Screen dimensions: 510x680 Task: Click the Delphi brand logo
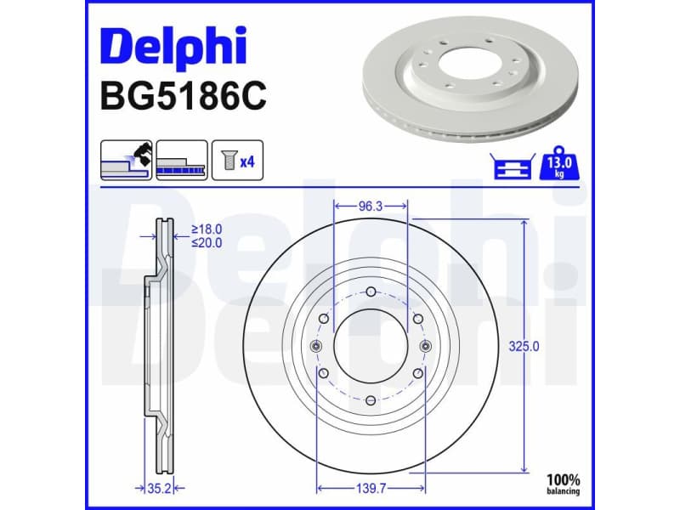[173, 47]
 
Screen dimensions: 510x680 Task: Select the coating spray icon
[127, 160]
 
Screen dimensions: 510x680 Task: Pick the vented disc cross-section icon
[182, 160]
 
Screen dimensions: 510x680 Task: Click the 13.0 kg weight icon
[559, 162]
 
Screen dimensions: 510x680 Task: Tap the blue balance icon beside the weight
[512, 167]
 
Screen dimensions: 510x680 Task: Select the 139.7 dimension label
[371, 489]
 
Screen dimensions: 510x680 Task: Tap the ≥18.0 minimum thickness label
[207, 229]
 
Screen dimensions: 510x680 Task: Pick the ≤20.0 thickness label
[207, 243]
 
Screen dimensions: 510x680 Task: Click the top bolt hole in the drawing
[371, 292]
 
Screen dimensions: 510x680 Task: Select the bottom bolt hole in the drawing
[371, 400]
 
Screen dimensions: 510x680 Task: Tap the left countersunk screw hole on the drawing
[317, 346]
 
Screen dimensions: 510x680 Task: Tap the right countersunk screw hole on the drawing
[425, 346]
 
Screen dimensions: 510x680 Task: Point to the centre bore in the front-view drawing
[371, 346]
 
